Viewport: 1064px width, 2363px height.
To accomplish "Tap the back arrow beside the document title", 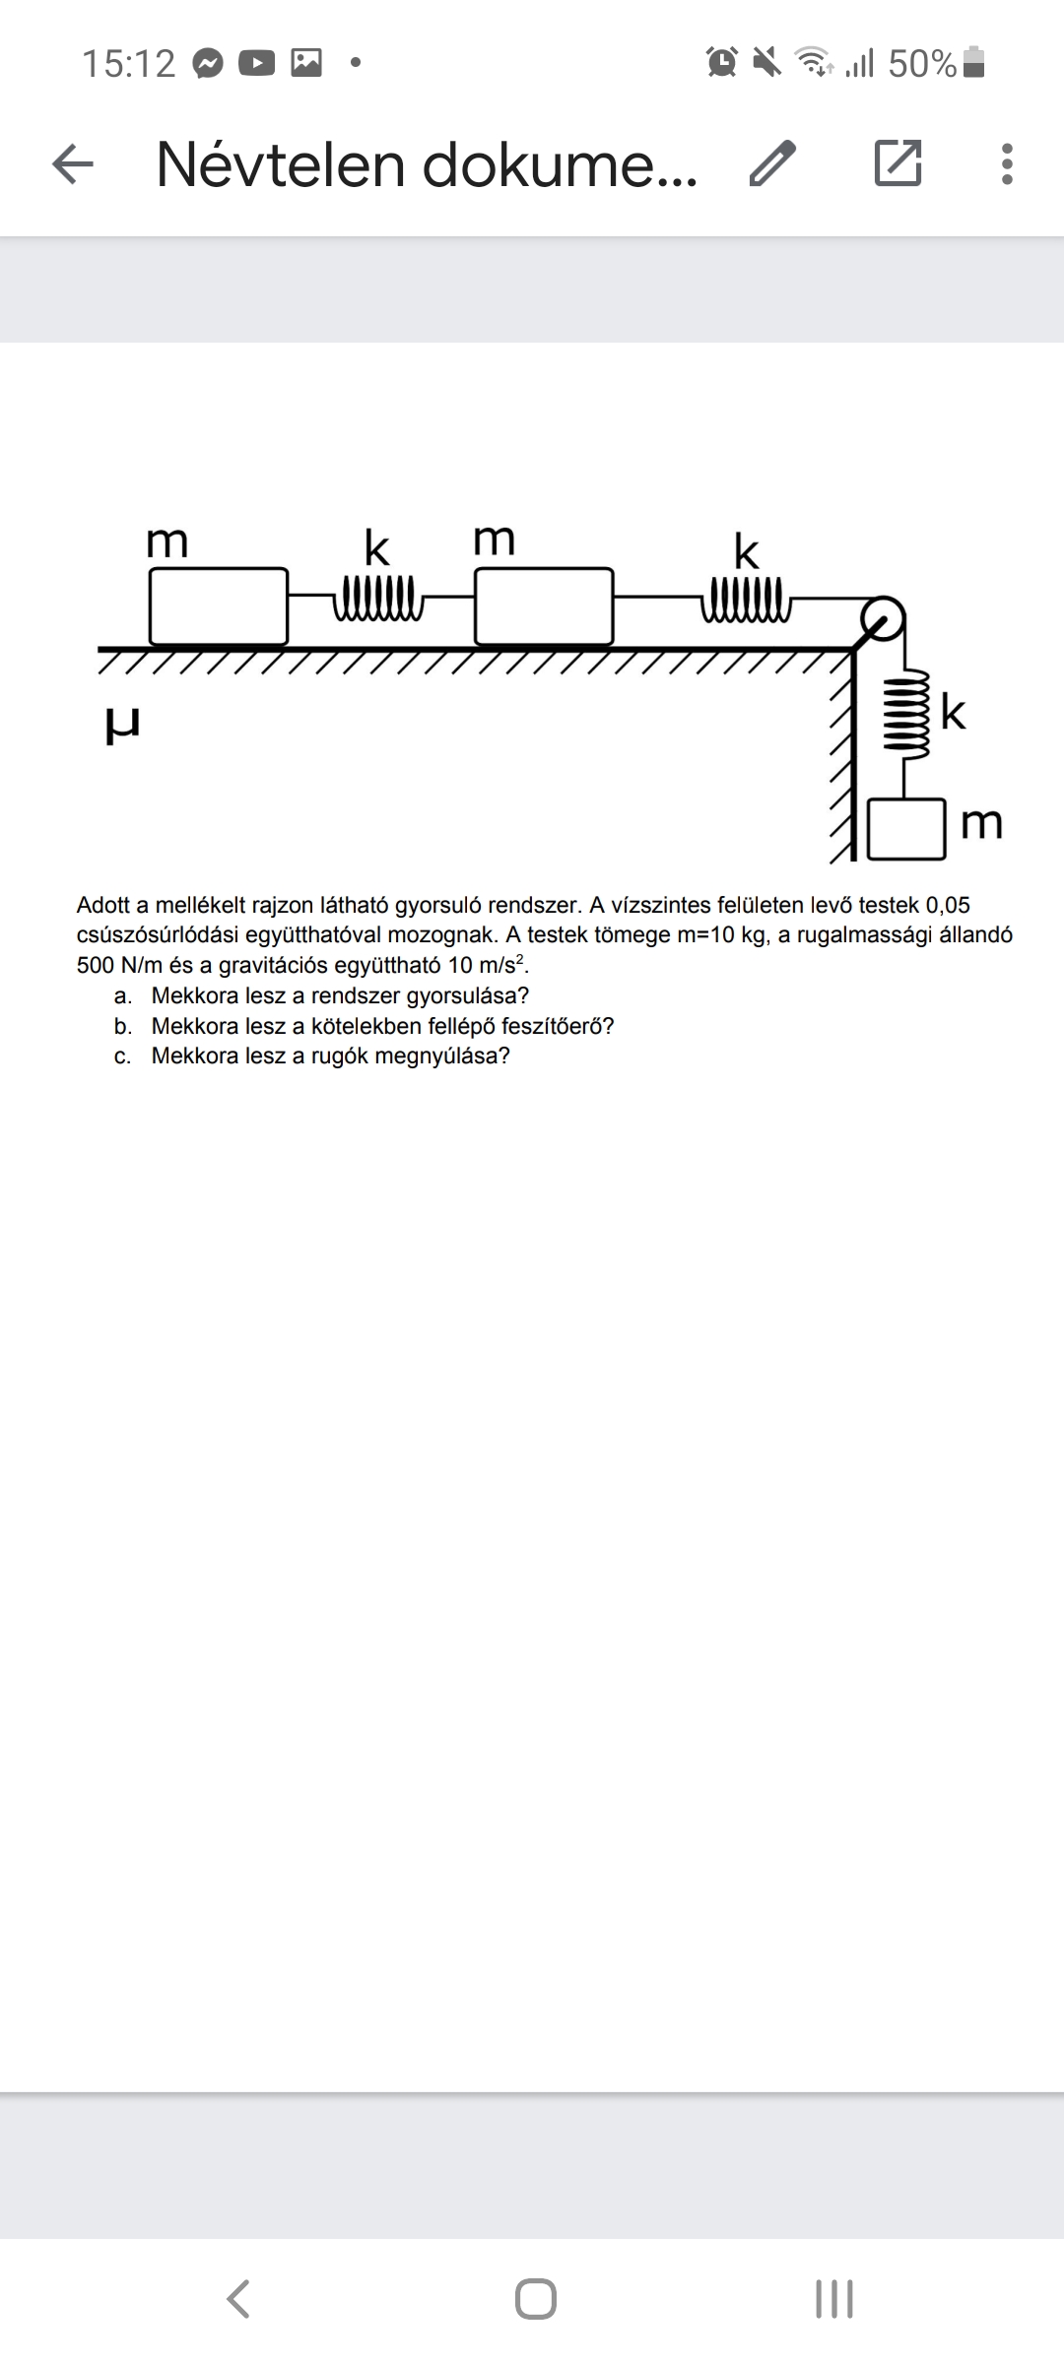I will pos(72,163).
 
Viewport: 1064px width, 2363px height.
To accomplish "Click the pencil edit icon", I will pos(771,163).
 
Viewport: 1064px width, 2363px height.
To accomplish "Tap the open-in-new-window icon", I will pos(898,163).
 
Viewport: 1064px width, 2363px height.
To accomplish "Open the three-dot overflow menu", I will pos(1006,163).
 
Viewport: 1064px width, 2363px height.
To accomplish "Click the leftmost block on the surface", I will pos(219,607).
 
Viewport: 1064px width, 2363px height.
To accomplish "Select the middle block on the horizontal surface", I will pos(544,607).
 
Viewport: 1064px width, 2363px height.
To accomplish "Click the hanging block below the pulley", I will pos(906,829).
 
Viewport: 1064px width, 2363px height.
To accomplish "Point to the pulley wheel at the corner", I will pos(882,618).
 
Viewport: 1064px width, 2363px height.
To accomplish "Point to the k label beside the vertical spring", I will pos(953,712).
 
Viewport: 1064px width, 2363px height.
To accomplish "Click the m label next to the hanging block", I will pos(981,823).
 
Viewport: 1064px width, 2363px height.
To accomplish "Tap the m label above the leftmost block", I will pos(166,543).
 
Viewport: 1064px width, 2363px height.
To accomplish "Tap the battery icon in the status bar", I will pos(973,63).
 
